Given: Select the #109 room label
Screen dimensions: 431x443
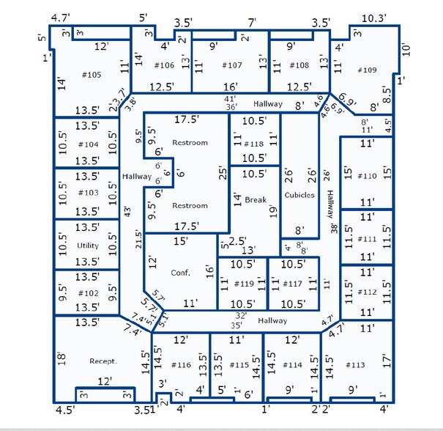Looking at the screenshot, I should coord(366,70).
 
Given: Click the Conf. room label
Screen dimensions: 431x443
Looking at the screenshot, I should coord(180,273).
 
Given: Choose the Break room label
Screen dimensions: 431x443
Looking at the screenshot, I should coord(256,199).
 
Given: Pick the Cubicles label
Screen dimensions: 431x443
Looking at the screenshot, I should coord(299,195).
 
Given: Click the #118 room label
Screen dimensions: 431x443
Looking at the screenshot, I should coord(253,144).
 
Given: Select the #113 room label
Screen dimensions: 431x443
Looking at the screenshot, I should coord(354,364).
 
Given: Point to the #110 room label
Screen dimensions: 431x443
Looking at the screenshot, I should coord(368,176).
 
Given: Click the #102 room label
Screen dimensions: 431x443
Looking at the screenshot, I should coord(88,292).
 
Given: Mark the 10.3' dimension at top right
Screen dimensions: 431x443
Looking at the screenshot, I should coord(373,17).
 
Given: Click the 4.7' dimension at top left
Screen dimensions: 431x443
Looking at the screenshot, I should coord(60,17).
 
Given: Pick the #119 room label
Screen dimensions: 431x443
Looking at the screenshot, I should coord(245,284).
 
